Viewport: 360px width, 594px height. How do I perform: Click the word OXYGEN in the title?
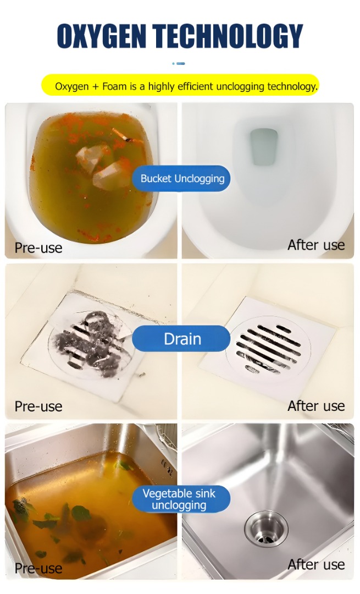pyautogui.click(x=102, y=36)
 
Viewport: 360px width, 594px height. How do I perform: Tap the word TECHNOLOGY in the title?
pyautogui.click(x=229, y=36)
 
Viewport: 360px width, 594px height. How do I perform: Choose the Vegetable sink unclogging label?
pyautogui.click(x=181, y=499)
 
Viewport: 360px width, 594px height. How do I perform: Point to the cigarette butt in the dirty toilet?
pyautogui.click(x=122, y=135)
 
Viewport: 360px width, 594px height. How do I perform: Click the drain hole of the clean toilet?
pyautogui.click(x=264, y=146)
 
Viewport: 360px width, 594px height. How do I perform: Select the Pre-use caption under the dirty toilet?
pyautogui.click(x=38, y=248)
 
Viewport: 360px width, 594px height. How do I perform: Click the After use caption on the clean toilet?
pyautogui.click(x=316, y=245)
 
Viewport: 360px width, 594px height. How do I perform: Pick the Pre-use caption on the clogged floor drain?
pyautogui.click(x=38, y=406)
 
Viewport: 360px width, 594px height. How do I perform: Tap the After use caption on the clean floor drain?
pyautogui.click(x=316, y=406)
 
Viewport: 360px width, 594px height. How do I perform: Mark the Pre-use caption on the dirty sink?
pyautogui.click(x=38, y=568)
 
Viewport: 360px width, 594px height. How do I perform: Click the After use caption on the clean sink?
pyautogui.click(x=316, y=564)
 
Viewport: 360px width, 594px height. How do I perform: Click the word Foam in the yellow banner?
pyautogui.click(x=115, y=86)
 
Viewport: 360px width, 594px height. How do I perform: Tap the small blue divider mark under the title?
pyautogui.click(x=179, y=64)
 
